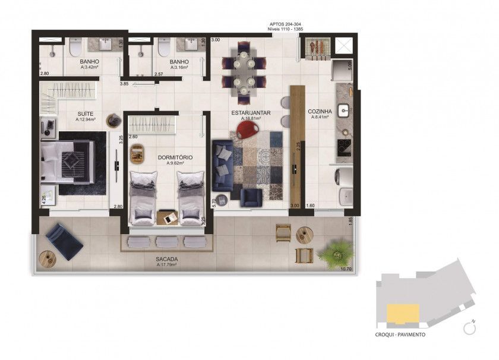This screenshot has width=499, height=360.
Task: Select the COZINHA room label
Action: tap(319, 111)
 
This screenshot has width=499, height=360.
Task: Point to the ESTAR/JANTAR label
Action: tap(247, 112)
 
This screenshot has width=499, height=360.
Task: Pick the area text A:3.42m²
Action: tap(89, 68)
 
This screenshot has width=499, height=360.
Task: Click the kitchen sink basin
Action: tap(344, 110)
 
